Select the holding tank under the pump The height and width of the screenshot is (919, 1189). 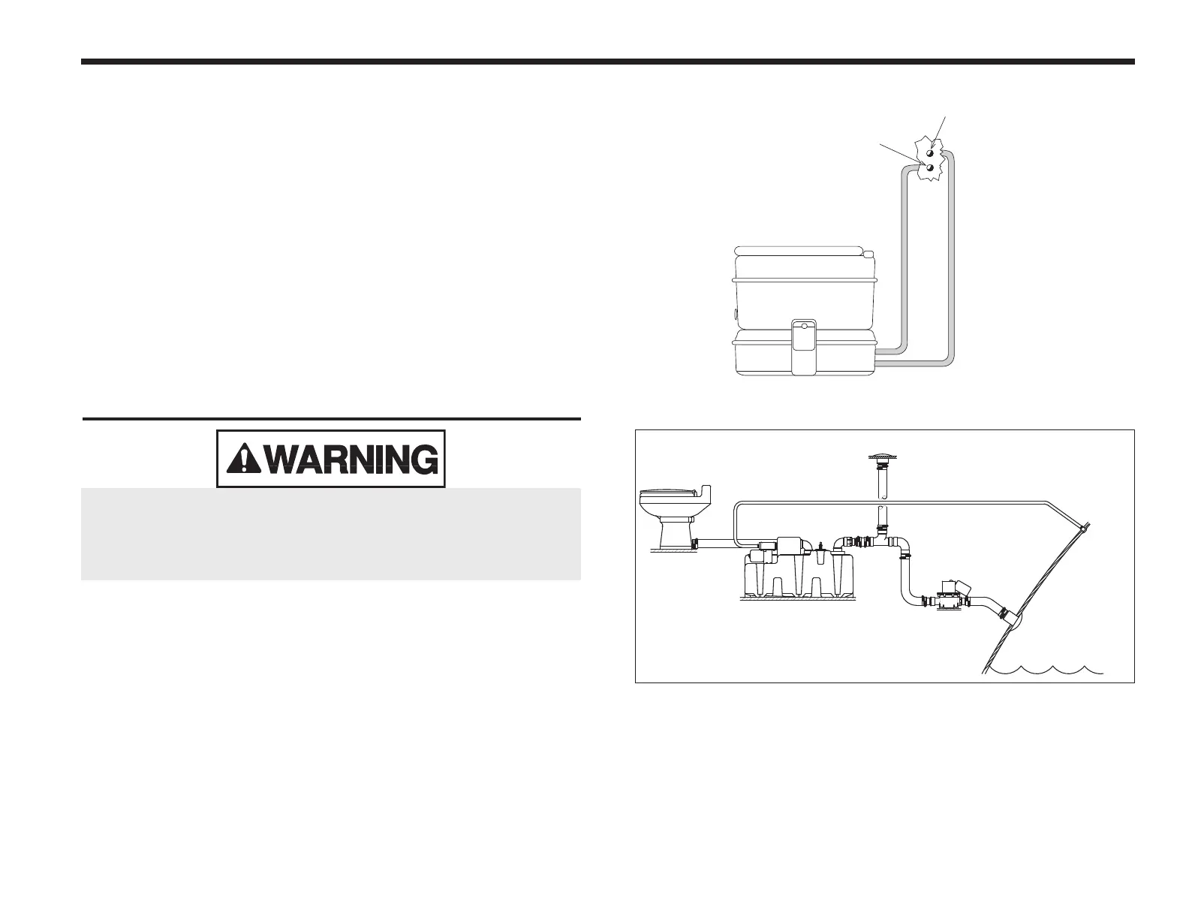point(800,578)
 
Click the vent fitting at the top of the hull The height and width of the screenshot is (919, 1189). point(1082,529)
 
